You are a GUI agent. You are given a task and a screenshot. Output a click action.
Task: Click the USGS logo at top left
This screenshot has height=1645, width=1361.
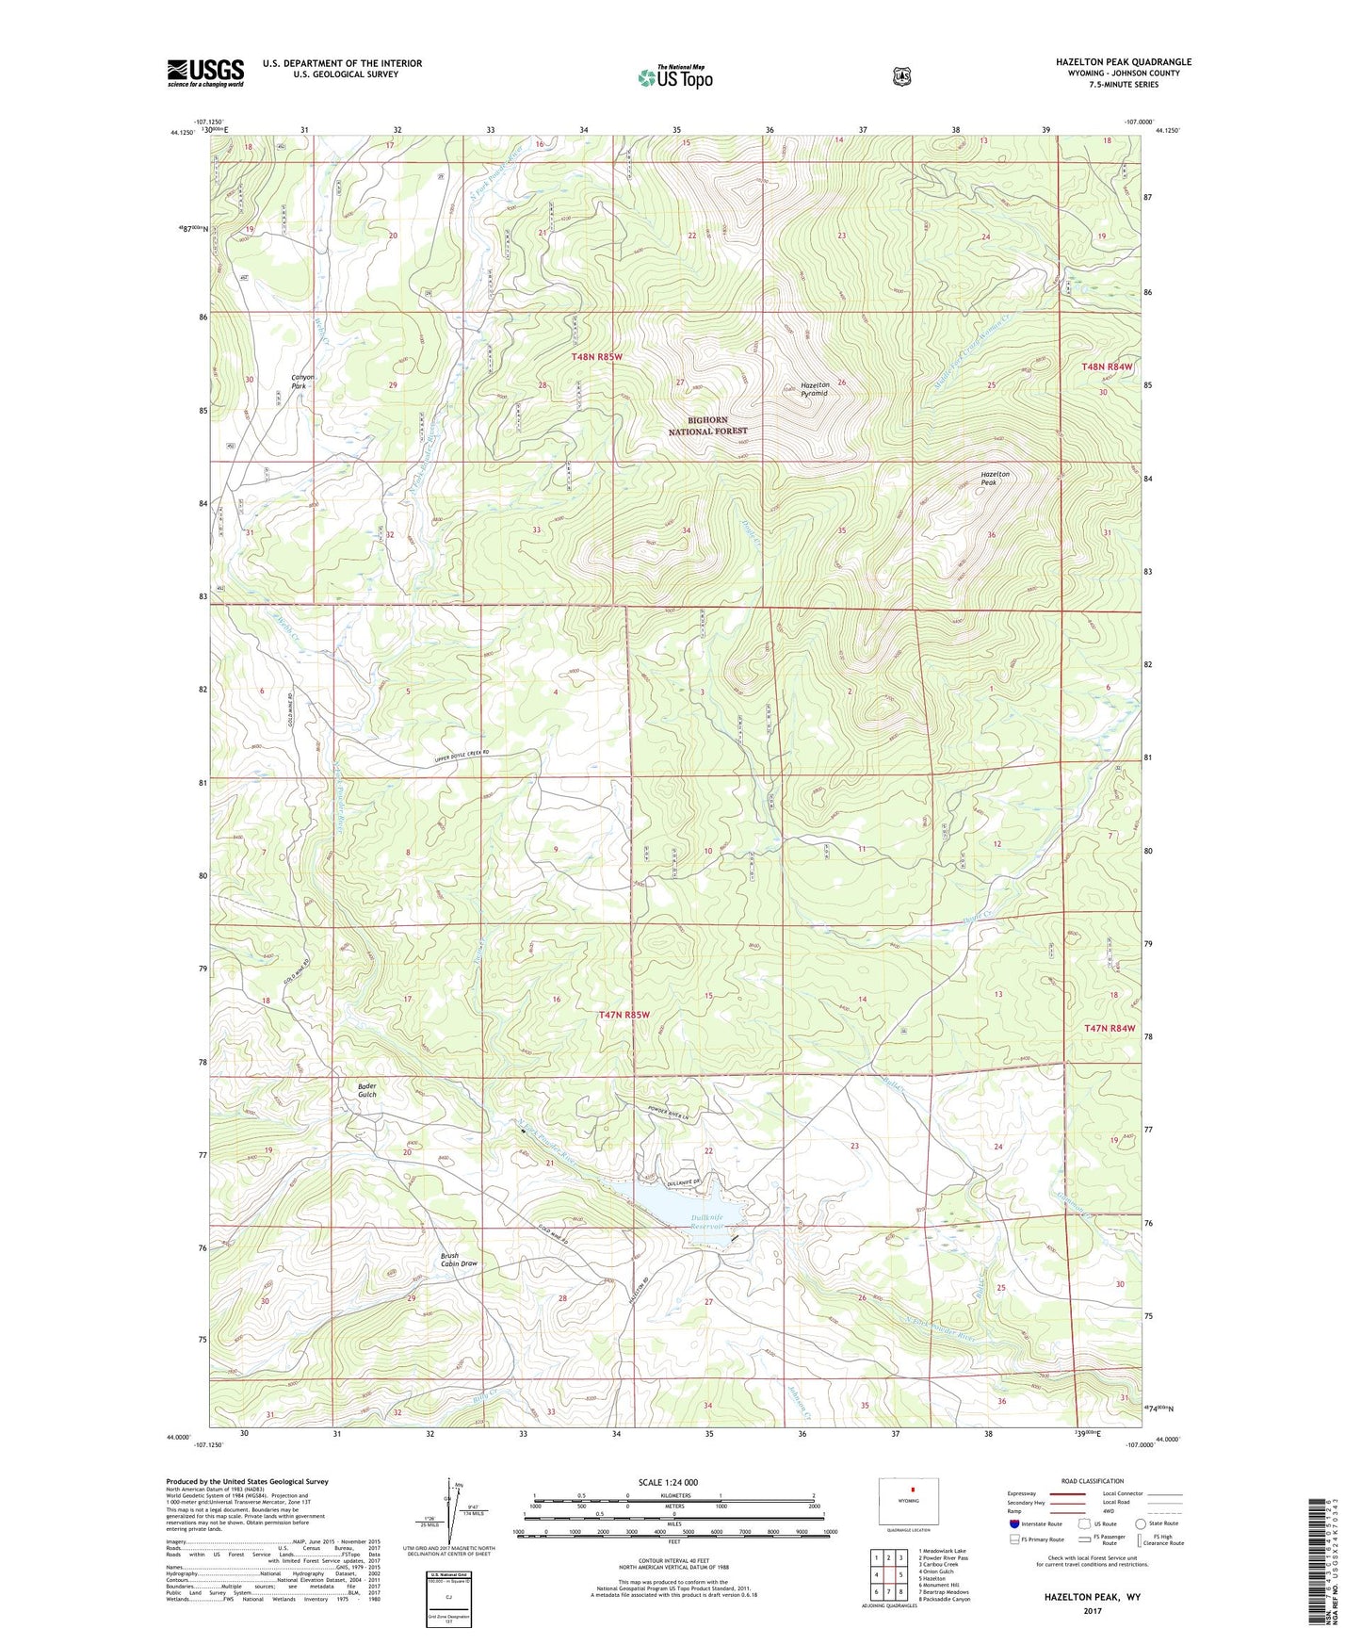205,73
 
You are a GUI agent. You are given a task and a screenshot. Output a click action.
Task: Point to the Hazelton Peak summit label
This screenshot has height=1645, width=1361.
995,478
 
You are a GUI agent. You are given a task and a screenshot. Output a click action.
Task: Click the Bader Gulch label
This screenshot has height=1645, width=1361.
366,1090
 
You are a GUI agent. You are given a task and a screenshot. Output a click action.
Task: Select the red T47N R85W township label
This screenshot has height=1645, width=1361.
624,1015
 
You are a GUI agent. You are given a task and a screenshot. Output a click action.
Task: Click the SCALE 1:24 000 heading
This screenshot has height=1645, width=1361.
668,1483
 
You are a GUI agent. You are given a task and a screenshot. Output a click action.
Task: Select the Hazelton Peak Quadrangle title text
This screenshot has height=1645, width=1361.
1123,62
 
